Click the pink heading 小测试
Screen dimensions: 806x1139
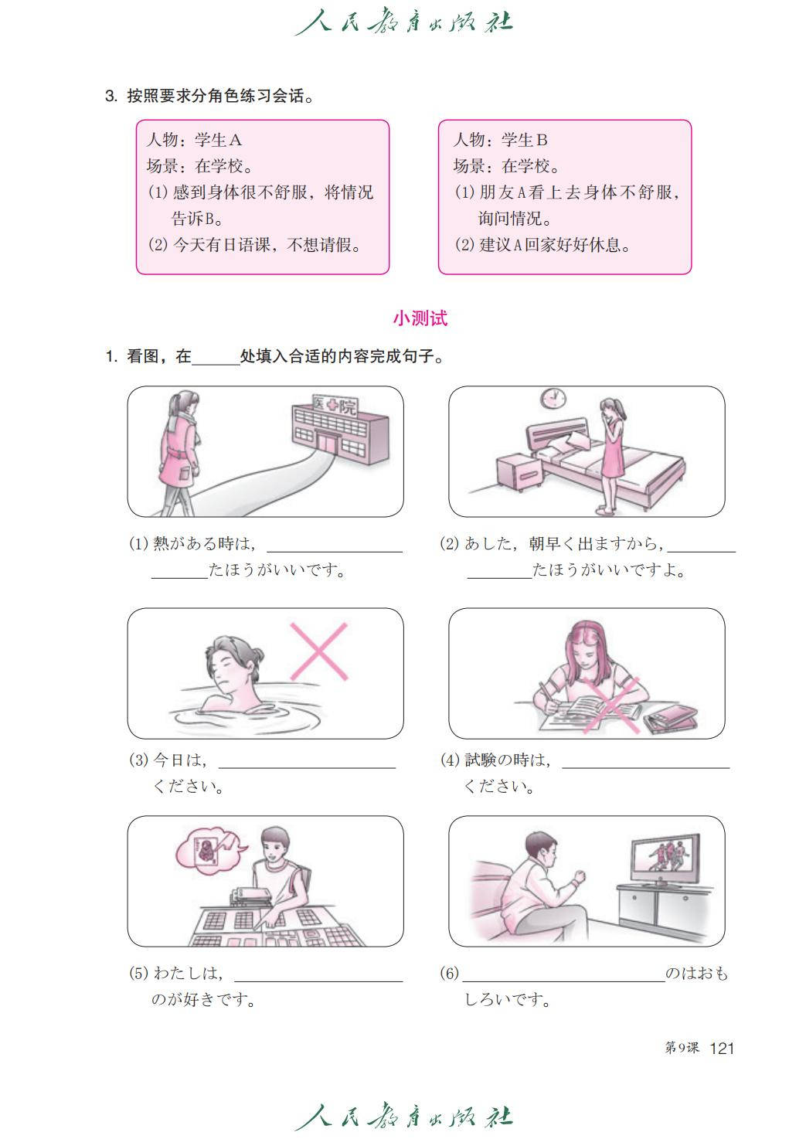(x=420, y=318)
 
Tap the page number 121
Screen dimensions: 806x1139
(x=722, y=1048)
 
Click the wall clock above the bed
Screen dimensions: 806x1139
(x=553, y=398)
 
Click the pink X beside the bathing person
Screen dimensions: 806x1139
(x=319, y=651)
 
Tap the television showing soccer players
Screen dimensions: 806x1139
(x=665, y=860)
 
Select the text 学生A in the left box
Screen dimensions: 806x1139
(x=218, y=140)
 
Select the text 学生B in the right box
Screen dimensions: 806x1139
(x=525, y=140)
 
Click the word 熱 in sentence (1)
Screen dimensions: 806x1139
(x=161, y=543)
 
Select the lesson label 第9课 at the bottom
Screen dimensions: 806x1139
(x=682, y=1048)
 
